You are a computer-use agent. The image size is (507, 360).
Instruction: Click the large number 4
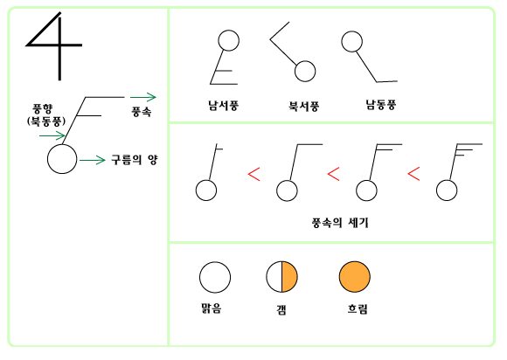[x=59, y=45]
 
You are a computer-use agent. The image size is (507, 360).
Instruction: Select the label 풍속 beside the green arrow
[x=142, y=112]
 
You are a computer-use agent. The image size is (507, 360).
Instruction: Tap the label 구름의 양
[x=135, y=160]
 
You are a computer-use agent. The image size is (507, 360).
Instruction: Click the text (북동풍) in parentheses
[x=46, y=121]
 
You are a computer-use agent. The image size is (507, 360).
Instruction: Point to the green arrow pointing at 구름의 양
[x=93, y=160]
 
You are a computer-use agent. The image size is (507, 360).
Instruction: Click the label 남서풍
[x=223, y=106]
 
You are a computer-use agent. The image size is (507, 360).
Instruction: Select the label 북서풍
[x=303, y=106]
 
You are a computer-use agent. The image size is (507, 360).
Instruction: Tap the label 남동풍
[x=381, y=105]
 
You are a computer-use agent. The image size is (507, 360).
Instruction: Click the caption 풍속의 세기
[x=340, y=222]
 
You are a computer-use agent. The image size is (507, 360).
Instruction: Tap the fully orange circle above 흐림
[x=355, y=277]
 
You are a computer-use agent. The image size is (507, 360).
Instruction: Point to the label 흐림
[x=358, y=309]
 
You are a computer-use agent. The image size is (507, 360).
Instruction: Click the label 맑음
[x=212, y=308]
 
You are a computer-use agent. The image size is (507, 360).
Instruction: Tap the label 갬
[x=281, y=310]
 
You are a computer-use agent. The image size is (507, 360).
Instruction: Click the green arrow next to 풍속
[x=143, y=97]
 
